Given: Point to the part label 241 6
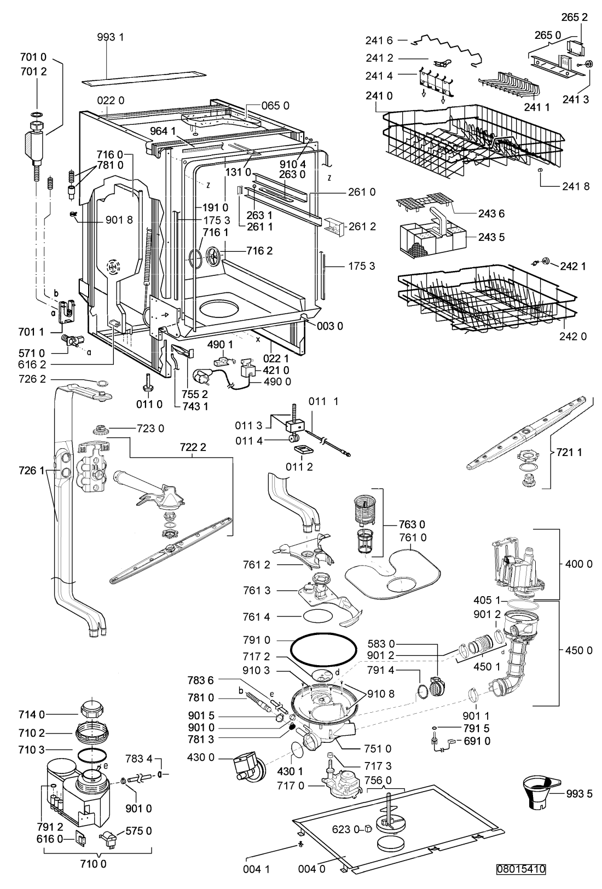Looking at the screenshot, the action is pyautogui.click(x=379, y=41).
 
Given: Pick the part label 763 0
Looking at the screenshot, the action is pyautogui.click(x=412, y=524).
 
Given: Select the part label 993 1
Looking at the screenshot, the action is pyautogui.click(x=111, y=37).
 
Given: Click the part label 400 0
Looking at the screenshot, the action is pyautogui.click(x=579, y=564).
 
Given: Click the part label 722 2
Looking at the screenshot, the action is pyautogui.click(x=193, y=447).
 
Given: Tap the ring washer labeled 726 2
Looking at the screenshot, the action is pyautogui.click(x=102, y=383).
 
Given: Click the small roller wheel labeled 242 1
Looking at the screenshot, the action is pyautogui.click(x=546, y=261).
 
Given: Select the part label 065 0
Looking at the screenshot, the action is pyautogui.click(x=275, y=106).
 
